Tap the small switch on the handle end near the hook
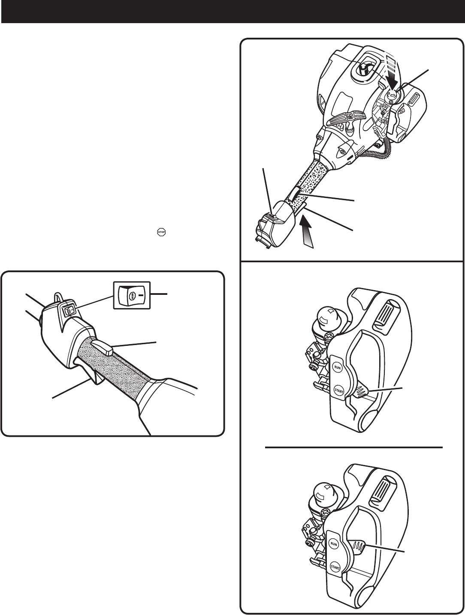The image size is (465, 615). [67, 309]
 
